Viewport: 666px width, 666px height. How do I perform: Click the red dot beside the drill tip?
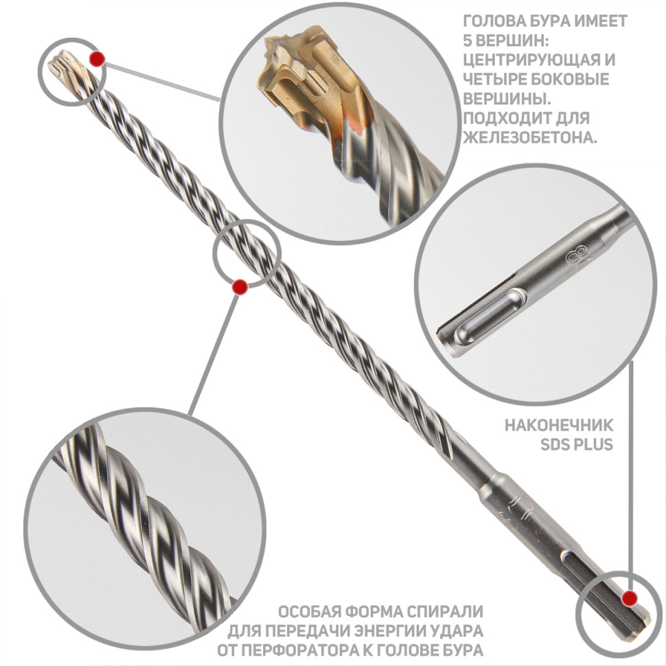pyautogui.click(x=97, y=59)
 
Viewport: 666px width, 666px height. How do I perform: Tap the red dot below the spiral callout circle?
pyautogui.click(x=240, y=287)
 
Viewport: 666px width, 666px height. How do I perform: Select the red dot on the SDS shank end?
pyautogui.click(x=629, y=599)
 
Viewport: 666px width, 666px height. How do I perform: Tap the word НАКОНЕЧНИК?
pyautogui.click(x=559, y=425)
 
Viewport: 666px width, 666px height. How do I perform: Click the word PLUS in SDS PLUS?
pyautogui.click(x=594, y=445)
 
